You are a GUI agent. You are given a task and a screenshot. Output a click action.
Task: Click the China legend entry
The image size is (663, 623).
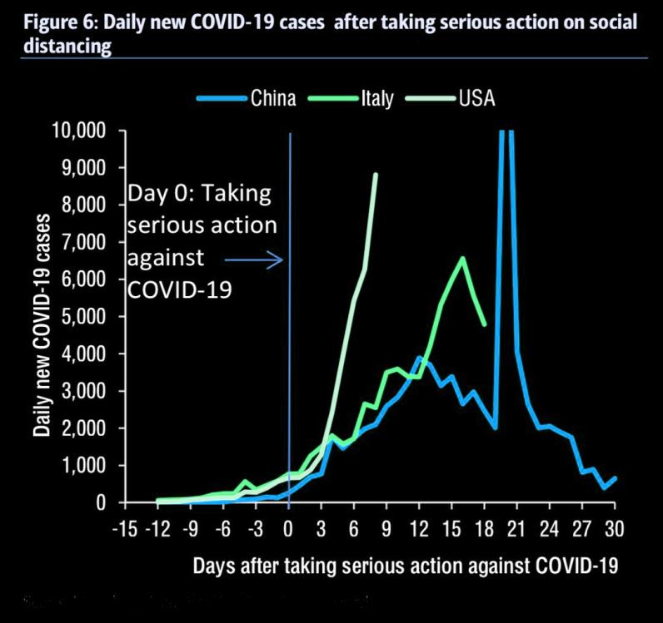(x=272, y=99)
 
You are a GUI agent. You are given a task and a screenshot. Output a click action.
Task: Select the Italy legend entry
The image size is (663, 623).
(x=377, y=99)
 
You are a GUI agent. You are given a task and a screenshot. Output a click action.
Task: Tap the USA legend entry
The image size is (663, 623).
(x=476, y=99)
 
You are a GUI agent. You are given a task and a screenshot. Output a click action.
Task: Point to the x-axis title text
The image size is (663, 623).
(x=406, y=566)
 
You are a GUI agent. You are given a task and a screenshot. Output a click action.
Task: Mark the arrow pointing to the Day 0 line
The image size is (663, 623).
(x=265, y=260)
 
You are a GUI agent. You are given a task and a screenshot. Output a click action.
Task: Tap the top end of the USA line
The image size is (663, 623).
(x=376, y=175)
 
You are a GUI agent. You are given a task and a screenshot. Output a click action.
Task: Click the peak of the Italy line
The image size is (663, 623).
(x=463, y=258)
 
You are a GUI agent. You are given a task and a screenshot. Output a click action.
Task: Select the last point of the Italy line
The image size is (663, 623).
(x=485, y=324)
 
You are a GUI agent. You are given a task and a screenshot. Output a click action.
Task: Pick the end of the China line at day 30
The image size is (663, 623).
(x=616, y=477)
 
